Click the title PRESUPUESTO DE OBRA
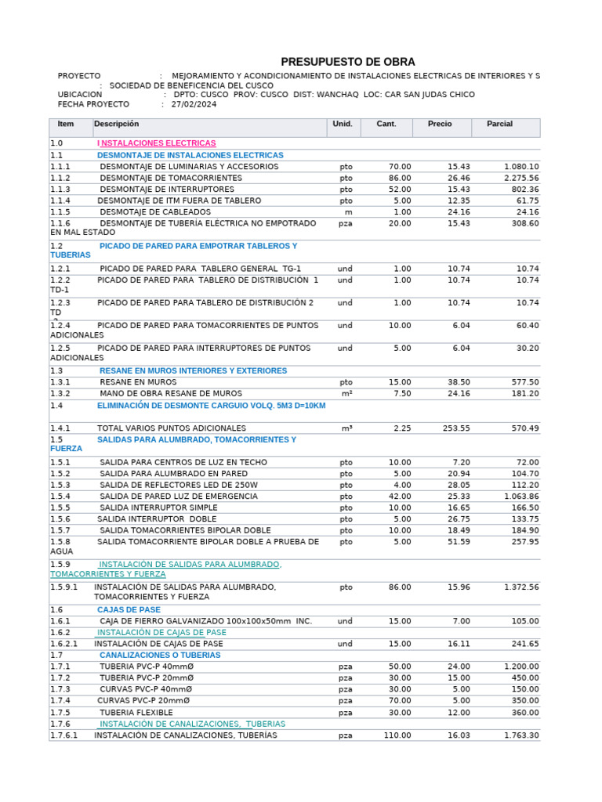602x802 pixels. (x=348, y=62)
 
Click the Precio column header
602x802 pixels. (x=440, y=125)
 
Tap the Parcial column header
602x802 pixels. (x=499, y=125)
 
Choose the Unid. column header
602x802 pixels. (x=343, y=125)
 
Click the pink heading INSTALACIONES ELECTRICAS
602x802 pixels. (x=157, y=143)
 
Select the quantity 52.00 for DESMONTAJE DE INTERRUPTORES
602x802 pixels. (x=399, y=190)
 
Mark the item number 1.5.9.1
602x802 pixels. (x=64, y=587)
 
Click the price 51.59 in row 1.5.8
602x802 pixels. (x=459, y=542)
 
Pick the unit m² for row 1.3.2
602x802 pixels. (x=346, y=394)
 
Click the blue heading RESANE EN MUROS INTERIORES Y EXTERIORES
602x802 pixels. (x=193, y=371)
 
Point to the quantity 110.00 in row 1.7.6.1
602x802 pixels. (x=397, y=735)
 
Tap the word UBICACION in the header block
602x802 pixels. (x=80, y=95)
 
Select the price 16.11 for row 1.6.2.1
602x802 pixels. (x=459, y=644)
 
